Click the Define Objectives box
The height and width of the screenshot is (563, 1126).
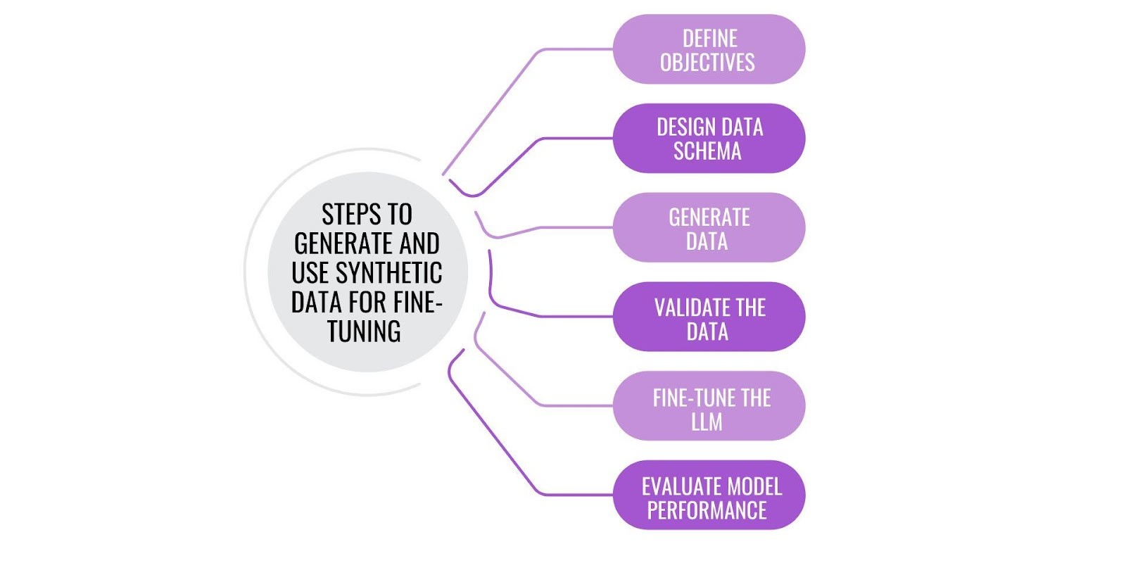pyautogui.click(x=709, y=49)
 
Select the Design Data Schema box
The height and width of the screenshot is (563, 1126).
pyautogui.click(x=709, y=139)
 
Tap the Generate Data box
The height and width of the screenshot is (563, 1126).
pyautogui.click(x=709, y=228)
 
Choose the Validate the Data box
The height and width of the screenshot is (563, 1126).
pyautogui.click(x=709, y=317)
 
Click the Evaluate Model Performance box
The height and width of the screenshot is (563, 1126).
pyautogui.click(x=709, y=496)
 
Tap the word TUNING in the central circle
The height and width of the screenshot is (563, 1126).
pyautogui.click(x=364, y=331)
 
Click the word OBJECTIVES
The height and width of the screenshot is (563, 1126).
pyautogui.click(x=707, y=63)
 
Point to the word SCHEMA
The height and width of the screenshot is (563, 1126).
pyautogui.click(x=707, y=151)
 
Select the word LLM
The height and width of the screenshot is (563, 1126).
pyautogui.click(x=707, y=422)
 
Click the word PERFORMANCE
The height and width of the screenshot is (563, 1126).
pyautogui.click(x=707, y=510)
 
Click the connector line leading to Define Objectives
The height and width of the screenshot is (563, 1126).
pyautogui.click(x=577, y=49)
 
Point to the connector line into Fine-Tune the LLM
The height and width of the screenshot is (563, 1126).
pyautogui.click(x=577, y=406)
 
